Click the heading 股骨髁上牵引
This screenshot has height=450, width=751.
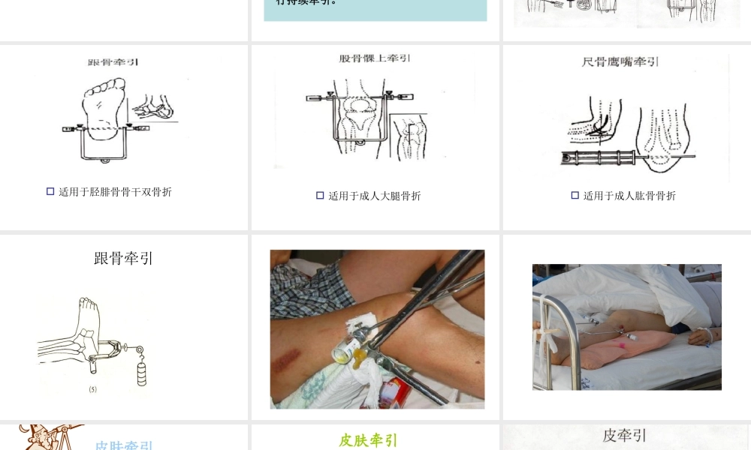coord(375,58)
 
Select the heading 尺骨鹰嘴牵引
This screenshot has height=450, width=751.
coord(620,61)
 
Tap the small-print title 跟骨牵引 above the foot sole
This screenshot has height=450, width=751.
coord(113,62)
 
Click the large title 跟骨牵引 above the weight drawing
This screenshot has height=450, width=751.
coord(123,259)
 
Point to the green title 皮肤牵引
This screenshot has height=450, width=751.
coord(368,440)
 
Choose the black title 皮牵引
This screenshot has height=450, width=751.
coord(624,436)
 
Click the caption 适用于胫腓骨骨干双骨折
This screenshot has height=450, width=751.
coord(115,192)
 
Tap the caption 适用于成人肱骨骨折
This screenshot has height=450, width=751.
coord(629,196)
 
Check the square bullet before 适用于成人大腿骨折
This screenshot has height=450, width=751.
coord(320,196)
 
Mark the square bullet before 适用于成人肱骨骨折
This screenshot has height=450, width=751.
coord(575,196)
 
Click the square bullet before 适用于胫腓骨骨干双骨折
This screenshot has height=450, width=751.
coord(50,192)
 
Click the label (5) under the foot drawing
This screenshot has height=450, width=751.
coord(92,389)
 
